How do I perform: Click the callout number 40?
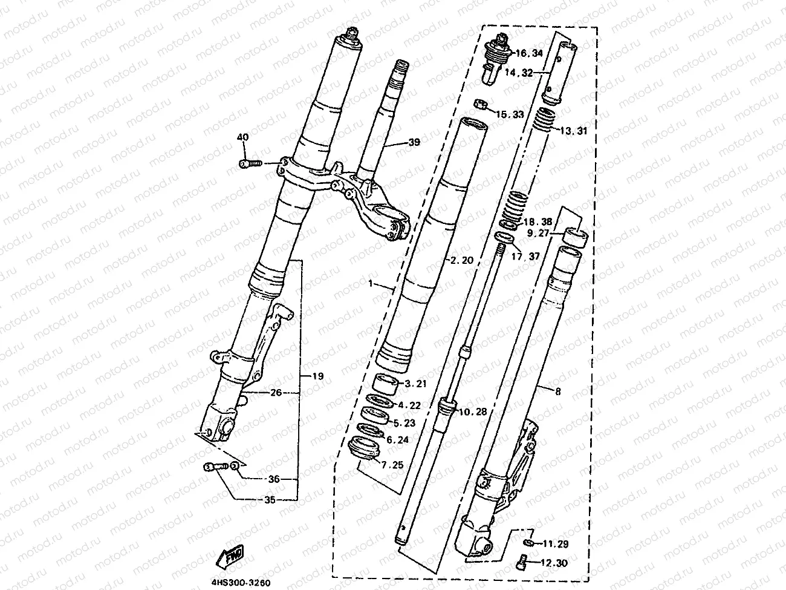point(243,138)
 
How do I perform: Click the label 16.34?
point(529,54)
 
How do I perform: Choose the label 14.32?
point(518,72)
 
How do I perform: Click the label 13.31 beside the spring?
point(574,131)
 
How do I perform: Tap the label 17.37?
point(525,256)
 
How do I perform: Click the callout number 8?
point(557,392)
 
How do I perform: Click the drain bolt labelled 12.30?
point(524,563)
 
